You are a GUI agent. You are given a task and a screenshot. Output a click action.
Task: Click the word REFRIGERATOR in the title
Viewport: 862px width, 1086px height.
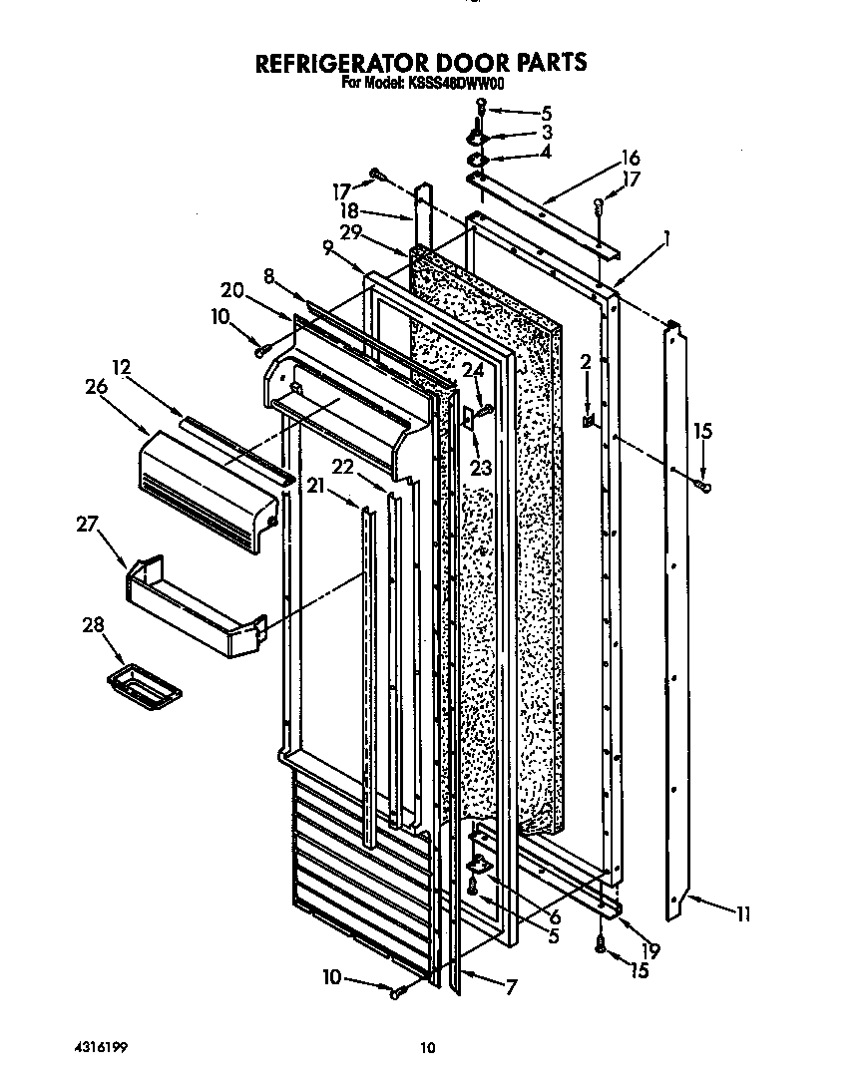click(337, 63)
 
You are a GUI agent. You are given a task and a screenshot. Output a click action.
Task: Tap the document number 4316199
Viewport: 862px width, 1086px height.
click(101, 1047)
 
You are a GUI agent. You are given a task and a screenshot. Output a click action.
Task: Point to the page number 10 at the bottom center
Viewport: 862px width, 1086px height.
click(428, 1047)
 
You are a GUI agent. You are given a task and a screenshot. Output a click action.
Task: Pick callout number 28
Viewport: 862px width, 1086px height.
click(91, 625)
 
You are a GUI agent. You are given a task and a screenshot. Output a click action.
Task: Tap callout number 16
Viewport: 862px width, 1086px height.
click(630, 158)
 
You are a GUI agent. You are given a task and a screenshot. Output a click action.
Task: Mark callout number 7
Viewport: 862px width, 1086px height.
click(511, 988)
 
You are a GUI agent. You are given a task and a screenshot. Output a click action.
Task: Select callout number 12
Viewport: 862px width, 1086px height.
click(122, 367)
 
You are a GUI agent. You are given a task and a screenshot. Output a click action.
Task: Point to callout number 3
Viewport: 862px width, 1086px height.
click(547, 132)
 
